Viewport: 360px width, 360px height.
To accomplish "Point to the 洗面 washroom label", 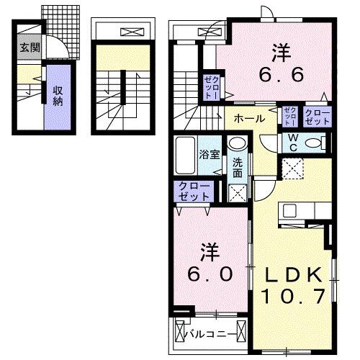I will click(x=238, y=168).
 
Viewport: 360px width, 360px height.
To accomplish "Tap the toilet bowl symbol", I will click(x=314, y=143).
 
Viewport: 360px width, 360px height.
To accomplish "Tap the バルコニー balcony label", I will click(x=212, y=334).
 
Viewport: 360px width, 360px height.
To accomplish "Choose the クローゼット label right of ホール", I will click(x=318, y=117).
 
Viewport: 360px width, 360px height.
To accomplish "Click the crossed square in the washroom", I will click(x=238, y=193).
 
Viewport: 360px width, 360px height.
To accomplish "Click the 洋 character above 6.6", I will click(x=282, y=52).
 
